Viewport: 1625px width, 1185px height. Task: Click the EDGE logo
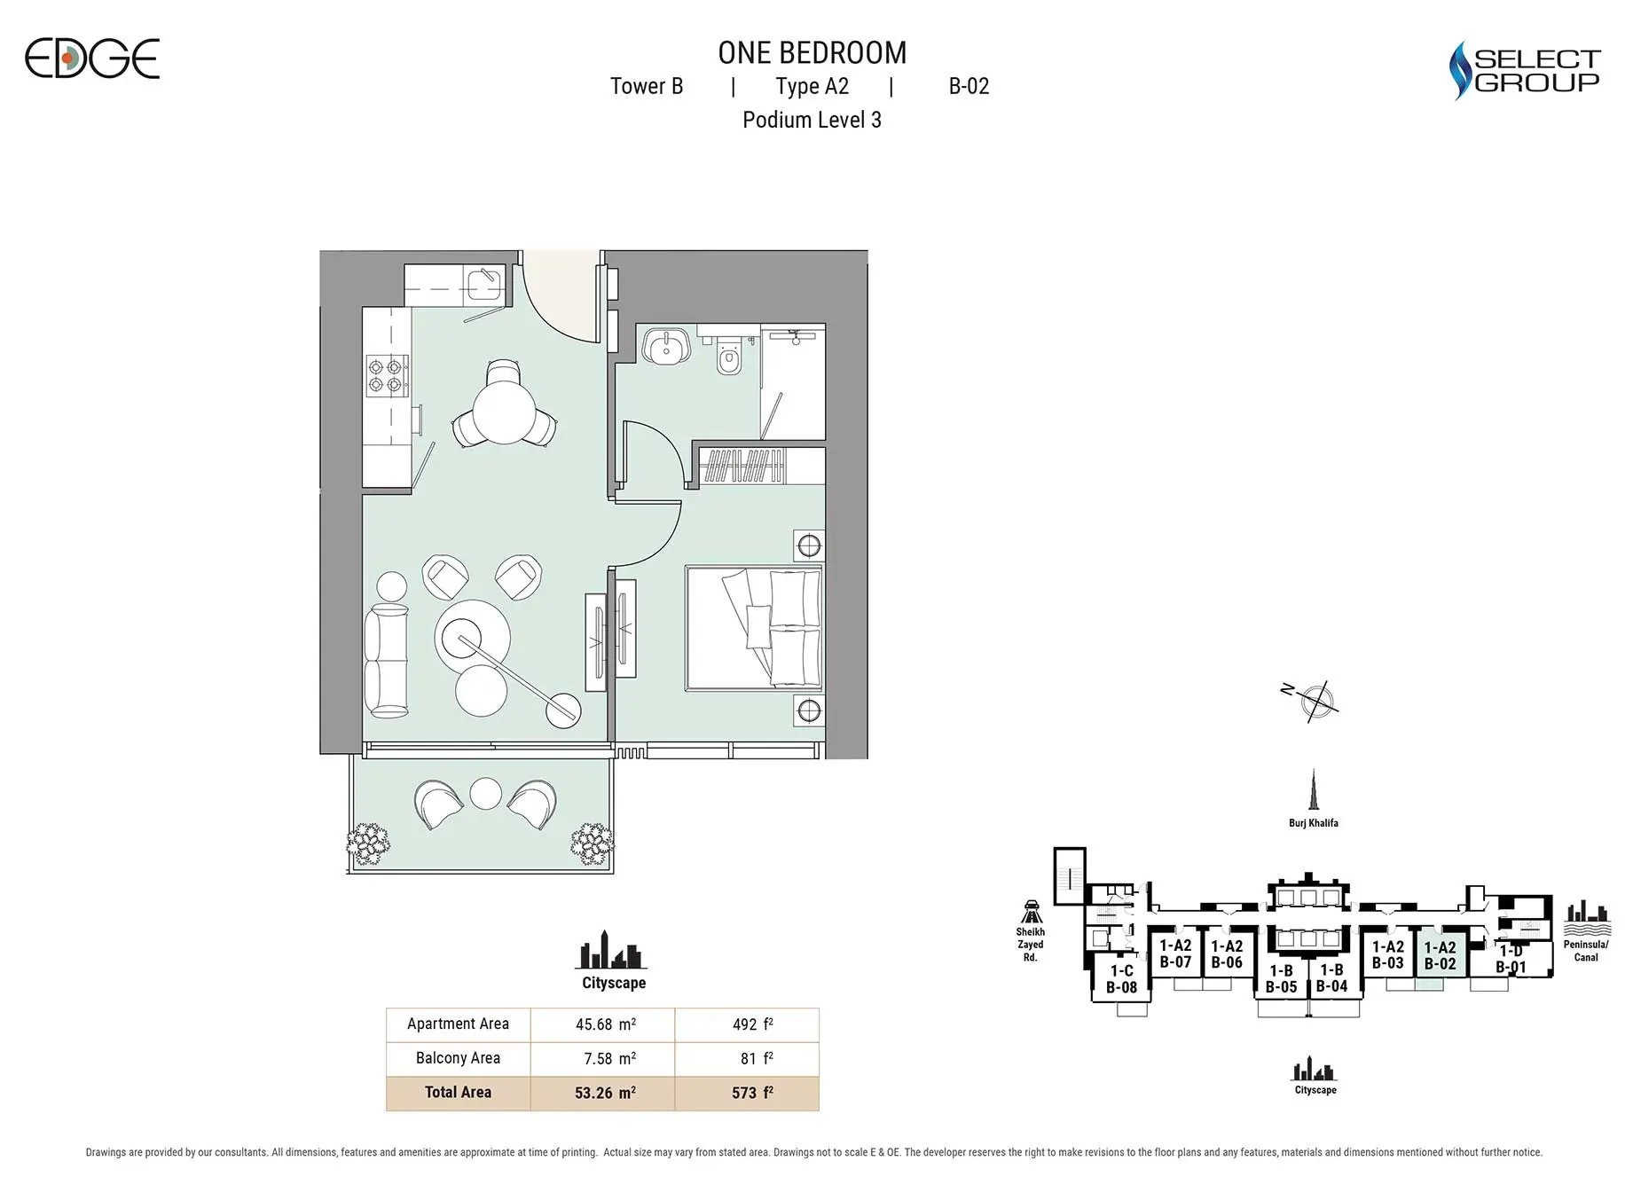[x=92, y=59]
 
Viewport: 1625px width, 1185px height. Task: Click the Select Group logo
[x=1526, y=70]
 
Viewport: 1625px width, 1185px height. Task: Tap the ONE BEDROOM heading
[x=812, y=53]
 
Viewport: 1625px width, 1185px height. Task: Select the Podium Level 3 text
[x=812, y=120]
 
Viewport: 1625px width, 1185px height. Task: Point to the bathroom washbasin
[x=666, y=347]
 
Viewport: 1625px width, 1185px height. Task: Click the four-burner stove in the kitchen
[x=388, y=375]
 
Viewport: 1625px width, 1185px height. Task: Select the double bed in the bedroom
[x=754, y=628]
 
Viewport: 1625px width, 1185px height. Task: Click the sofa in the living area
[x=387, y=660]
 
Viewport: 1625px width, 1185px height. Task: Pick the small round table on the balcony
[x=485, y=793]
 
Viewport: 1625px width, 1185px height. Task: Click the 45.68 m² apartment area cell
[x=604, y=1024]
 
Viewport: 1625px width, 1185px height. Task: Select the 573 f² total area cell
[x=751, y=1093]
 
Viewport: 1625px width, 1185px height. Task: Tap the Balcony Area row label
[x=458, y=1058]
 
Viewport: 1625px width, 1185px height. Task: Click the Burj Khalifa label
[x=1313, y=823]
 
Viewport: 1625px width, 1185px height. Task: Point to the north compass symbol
[x=1315, y=700]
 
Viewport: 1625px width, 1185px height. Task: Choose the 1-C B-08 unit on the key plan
[x=1121, y=978]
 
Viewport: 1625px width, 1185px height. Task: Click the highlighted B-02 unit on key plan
[x=1440, y=955]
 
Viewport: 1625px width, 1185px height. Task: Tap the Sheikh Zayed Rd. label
[x=1030, y=945]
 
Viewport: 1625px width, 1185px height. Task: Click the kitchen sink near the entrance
[x=484, y=284]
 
